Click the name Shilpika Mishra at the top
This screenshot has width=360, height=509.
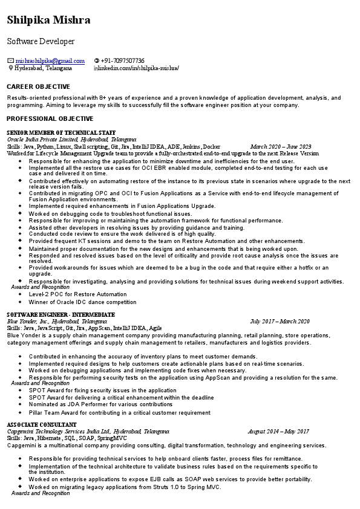pos(49,21)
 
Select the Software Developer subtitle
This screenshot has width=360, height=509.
pos(41,42)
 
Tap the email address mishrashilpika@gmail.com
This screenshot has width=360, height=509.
pos(50,61)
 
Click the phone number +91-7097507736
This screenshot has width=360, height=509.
pos(122,61)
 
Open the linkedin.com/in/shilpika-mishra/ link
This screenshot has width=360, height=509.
pos(138,68)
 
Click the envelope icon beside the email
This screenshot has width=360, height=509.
pos(10,61)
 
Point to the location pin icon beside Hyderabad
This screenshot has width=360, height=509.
pos(10,68)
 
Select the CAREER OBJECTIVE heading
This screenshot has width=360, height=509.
pos(38,87)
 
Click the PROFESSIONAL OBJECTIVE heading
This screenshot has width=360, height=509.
pos(50,119)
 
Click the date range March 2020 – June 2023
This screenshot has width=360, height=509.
pos(280,147)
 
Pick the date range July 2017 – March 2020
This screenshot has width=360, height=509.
pos(280,322)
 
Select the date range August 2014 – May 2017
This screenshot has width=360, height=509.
pos(278,432)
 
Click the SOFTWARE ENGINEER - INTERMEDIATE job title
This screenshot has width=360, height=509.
pos(61,315)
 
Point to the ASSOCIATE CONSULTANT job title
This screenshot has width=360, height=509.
pos(42,425)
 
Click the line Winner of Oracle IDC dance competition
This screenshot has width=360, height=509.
pos(82,302)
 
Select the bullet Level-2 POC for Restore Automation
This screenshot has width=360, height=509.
pos(77,294)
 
